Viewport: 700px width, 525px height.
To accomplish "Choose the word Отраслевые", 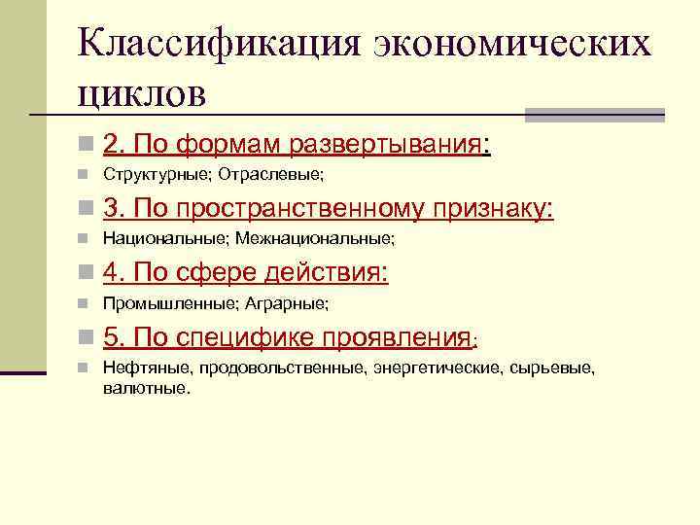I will tap(270, 176).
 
